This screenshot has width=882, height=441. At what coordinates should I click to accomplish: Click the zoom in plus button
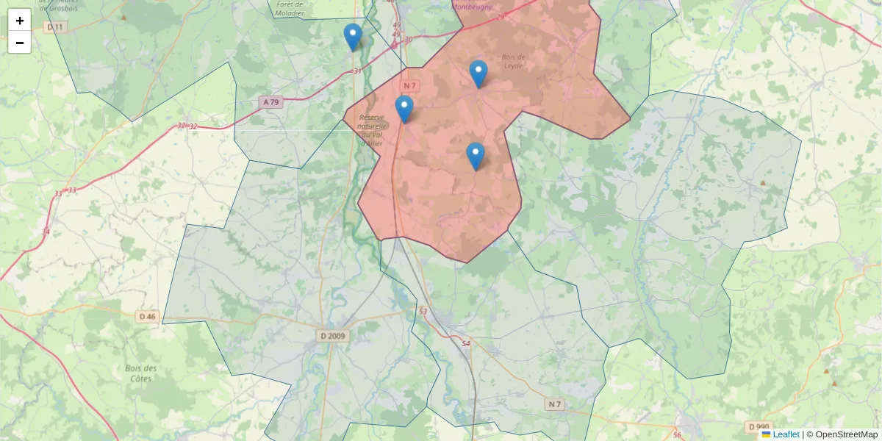pyautogui.click(x=20, y=21)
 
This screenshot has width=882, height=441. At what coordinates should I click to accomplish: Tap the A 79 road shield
pyautogui.click(x=270, y=102)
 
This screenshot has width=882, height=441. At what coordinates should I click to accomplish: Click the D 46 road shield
pyautogui.click(x=147, y=317)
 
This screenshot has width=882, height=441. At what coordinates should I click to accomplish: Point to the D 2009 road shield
pyautogui.click(x=332, y=336)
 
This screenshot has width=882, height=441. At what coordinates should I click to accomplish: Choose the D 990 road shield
pyautogui.click(x=759, y=427)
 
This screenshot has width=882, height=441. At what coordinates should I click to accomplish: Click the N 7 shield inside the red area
pyautogui.click(x=409, y=86)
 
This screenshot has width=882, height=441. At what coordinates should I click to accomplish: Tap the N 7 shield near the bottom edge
pyautogui.click(x=554, y=404)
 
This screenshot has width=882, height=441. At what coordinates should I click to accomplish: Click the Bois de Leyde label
pyautogui.click(x=513, y=61)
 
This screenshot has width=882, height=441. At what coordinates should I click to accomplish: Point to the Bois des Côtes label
pyautogui.click(x=141, y=373)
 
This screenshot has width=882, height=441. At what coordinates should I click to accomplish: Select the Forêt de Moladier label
pyautogui.click(x=290, y=8)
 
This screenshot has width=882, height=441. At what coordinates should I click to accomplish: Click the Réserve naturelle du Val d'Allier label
pyautogui.click(x=371, y=130)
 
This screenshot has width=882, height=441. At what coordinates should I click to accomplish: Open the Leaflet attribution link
pyautogui.click(x=785, y=434)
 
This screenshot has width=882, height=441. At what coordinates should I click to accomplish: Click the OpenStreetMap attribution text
pyautogui.click(x=846, y=434)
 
